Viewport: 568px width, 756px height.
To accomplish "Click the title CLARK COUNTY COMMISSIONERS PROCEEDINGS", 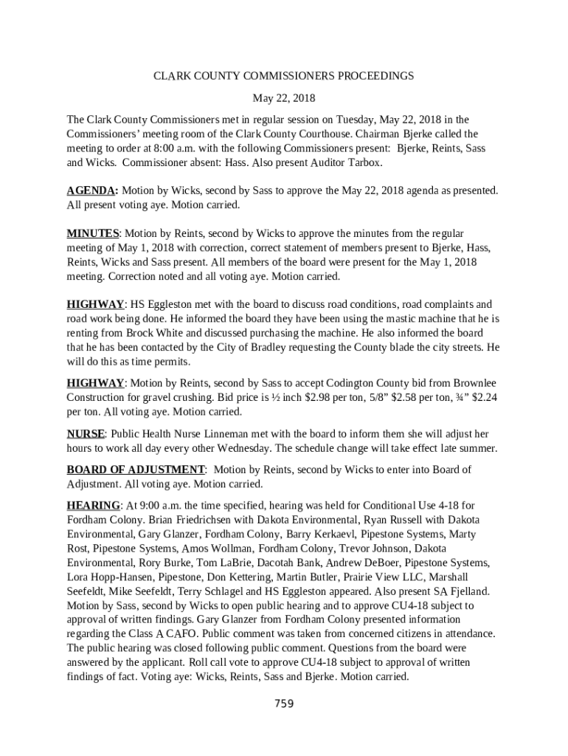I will pos(283,75).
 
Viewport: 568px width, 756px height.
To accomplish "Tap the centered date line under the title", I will pos(283,97).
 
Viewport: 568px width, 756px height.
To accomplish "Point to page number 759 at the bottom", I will pos(284,704).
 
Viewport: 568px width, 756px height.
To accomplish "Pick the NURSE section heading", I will pos(86,433).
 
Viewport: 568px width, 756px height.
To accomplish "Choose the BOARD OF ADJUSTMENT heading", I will pos(136,470).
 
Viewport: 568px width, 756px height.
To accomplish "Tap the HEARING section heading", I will pos(94,505).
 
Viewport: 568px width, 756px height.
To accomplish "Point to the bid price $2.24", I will pos(482,397).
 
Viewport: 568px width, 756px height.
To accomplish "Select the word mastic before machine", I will pos(409,319).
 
